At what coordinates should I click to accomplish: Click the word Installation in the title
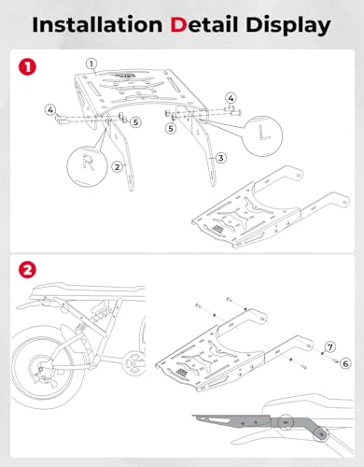coord(97,24)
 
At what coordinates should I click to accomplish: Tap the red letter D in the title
coord(178,25)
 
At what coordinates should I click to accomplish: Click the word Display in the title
coord(288,26)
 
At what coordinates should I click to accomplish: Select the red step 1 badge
coord(27,66)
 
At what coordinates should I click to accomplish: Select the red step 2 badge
coord(27,270)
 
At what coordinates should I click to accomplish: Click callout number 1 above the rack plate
coord(91,64)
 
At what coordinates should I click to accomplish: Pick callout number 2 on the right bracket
coord(117,167)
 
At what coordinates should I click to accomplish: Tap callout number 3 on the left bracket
coord(220,158)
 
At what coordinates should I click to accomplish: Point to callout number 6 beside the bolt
coord(345,363)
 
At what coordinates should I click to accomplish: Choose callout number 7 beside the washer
coord(330,347)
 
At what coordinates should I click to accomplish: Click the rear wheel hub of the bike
coord(41,368)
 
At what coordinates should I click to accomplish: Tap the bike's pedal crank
coord(134,363)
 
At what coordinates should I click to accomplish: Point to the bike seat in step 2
coord(91,291)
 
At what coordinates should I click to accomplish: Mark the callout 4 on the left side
coord(50,109)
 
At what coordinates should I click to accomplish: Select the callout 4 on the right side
coord(231,98)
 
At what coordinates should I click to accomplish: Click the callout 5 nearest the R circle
coord(135,122)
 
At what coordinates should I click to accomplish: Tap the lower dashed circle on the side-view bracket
coord(321,433)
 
